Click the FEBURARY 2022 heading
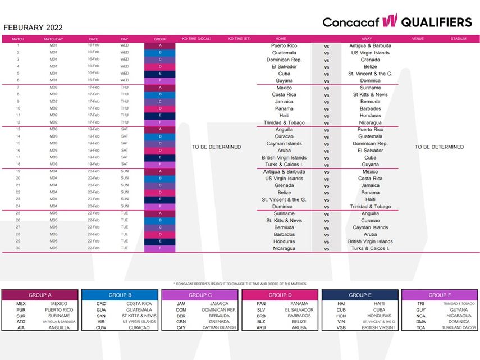tap(33, 28)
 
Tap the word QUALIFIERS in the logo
tap(436, 22)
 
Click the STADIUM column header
tap(458, 39)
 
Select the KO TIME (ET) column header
tap(239, 39)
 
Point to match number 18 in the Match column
tap(18, 164)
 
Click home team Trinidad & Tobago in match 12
tap(284, 122)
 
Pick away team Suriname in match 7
tap(371, 88)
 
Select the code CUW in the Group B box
tap(101, 327)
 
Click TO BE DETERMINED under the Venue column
tap(440, 147)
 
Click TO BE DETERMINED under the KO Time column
tap(216, 147)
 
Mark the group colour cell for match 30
tap(160, 248)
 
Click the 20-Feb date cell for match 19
tap(94, 171)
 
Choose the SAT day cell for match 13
tap(125, 129)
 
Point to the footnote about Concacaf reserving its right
tap(240, 284)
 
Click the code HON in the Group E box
tap(341, 316)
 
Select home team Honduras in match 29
tap(284, 241)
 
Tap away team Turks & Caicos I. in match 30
tap(371, 248)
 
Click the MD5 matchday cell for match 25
tap(53, 213)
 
